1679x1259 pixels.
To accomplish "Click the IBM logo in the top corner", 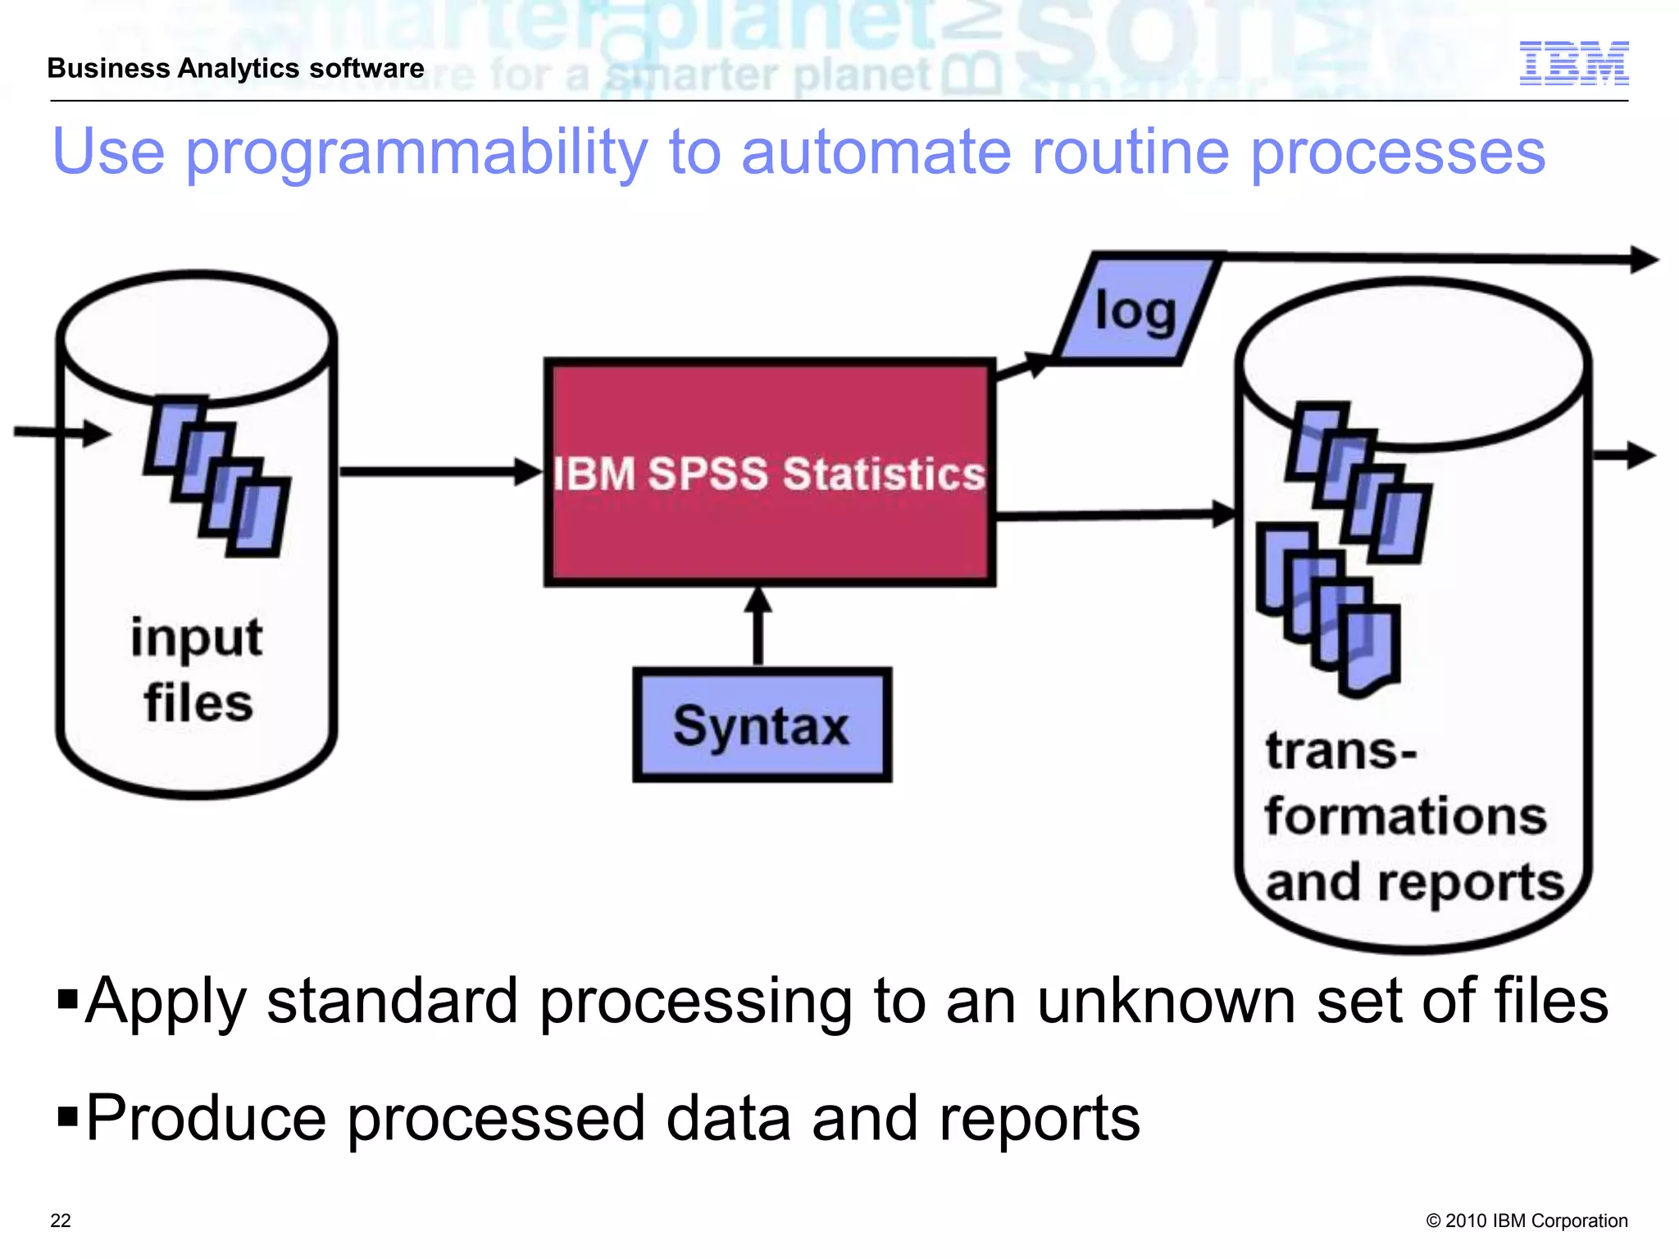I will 1573,63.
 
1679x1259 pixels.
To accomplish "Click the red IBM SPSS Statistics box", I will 769,473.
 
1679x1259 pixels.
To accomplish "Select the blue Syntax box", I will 762,725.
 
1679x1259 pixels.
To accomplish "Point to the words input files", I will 198,670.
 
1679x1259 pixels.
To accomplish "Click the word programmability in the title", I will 416,153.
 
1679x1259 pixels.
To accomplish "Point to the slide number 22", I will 61,1220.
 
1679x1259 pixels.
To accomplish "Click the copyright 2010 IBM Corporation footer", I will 1527,1220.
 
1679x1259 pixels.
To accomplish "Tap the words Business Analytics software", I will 235,68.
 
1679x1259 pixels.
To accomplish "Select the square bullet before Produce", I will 67,1116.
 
